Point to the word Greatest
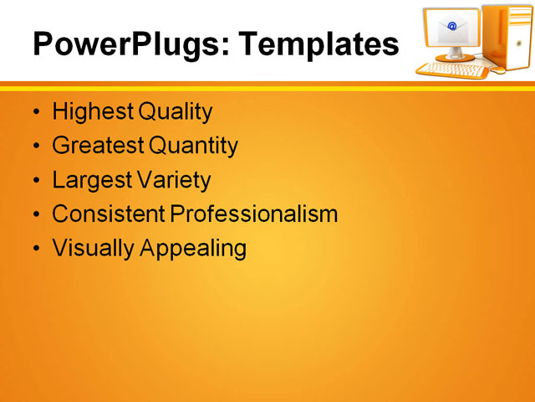click(98, 146)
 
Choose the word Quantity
click(193, 146)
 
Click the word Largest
click(90, 180)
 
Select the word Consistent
click(109, 214)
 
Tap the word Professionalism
click(254, 214)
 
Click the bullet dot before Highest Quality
click(35, 112)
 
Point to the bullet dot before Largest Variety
click(35, 181)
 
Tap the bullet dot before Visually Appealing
click(35, 249)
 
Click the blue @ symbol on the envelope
click(452, 27)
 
